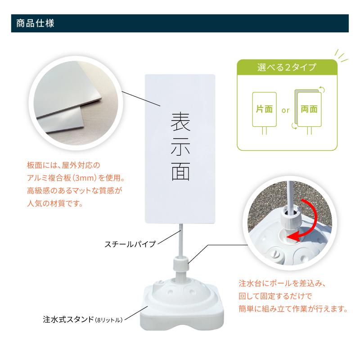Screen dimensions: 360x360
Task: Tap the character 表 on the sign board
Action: [x=180, y=122]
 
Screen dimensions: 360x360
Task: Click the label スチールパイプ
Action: [x=130, y=244]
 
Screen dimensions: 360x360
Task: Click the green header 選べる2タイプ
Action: [x=286, y=68]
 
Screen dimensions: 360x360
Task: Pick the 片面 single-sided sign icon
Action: [x=264, y=109]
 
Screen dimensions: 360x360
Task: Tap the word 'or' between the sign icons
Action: [x=285, y=110]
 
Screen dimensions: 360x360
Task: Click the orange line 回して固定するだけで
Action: [x=275, y=297]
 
